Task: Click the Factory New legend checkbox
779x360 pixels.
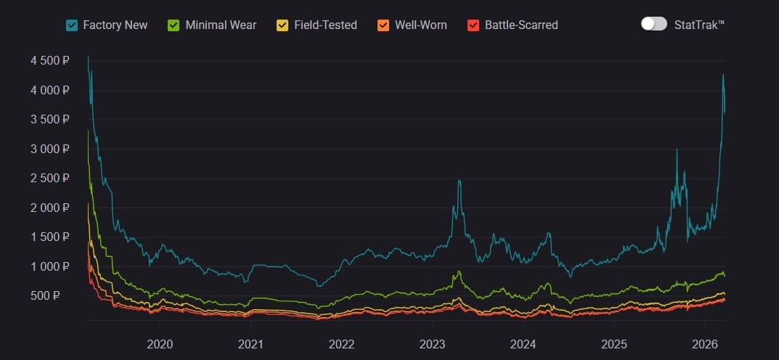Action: tap(72, 25)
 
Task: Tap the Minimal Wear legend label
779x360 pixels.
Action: tap(221, 25)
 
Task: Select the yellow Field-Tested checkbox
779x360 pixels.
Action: tap(282, 25)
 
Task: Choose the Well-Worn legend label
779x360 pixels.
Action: tap(420, 25)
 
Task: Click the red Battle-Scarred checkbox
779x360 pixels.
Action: tap(473, 25)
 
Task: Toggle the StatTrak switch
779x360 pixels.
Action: tap(653, 24)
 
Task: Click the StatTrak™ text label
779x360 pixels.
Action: tap(699, 25)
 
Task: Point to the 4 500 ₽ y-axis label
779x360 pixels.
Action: tap(49, 61)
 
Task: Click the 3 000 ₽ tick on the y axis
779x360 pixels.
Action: tap(49, 150)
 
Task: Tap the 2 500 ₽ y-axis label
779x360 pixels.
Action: tap(49, 179)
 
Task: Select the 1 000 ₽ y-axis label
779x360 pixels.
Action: tap(49, 267)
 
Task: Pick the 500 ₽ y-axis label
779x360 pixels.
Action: tap(54, 296)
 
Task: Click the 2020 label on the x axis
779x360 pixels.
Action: tap(160, 344)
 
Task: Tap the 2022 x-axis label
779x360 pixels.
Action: tap(341, 344)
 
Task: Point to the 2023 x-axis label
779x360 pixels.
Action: tap(432, 344)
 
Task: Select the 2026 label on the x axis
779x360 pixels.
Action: tap(705, 344)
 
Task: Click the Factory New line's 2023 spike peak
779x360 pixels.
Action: tap(459, 181)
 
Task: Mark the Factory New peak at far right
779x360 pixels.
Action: tap(723, 75)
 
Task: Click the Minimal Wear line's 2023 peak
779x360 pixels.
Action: tap(459, 272)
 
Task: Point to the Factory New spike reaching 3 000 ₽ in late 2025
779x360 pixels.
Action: tap(677, 150)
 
